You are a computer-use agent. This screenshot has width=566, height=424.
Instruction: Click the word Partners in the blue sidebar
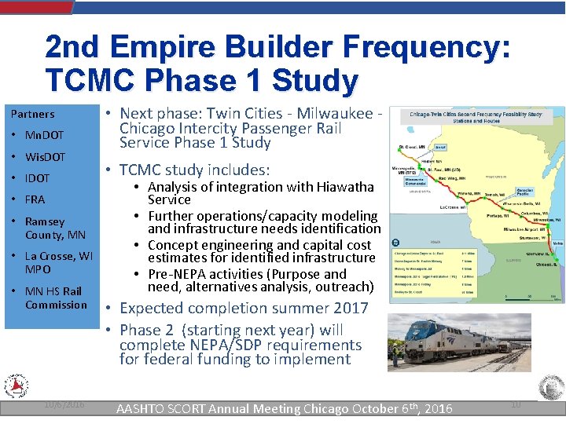click(x=32, y=114)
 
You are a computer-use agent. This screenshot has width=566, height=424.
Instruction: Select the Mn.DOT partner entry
click(x=44, y=135)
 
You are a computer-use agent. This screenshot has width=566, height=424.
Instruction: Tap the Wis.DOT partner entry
click(x=46, y=157)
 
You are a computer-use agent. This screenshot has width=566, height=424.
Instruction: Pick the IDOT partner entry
click(x=37, y=178)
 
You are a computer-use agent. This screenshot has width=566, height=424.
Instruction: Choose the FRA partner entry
click(x=35, y=199)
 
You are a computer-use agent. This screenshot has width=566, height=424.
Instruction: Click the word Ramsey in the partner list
click(x=45, y=221)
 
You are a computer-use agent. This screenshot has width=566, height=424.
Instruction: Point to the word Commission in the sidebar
click(x=56, y=305)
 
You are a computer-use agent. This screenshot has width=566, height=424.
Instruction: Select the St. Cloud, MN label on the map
click(x=412, y=147)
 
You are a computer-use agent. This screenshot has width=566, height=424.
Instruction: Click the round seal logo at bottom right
click(x=551, y=387)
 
